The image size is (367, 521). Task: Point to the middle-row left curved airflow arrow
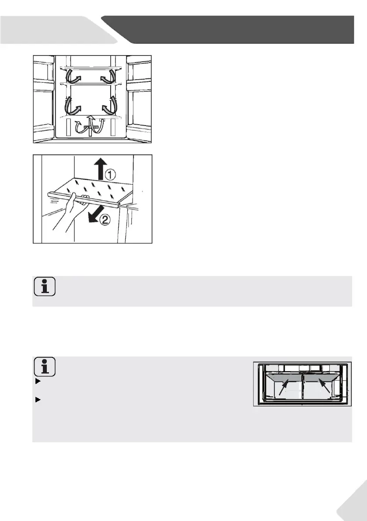tap(72, 105)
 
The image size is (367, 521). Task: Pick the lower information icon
tap(45, 367)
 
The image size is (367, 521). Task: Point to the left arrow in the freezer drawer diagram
tap(283, 388)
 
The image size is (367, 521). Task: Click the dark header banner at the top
tap(236, 29)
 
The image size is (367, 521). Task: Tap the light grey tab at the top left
tap(48, 29)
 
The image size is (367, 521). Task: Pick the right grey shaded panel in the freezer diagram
tap(322, 379)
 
